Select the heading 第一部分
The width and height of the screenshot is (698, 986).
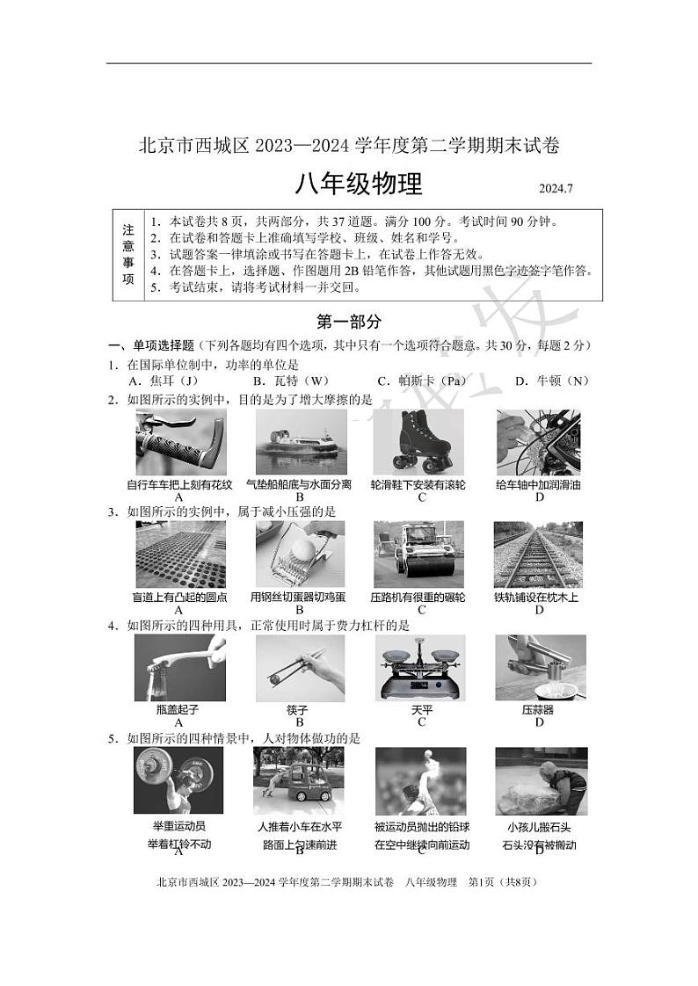click(349, 322)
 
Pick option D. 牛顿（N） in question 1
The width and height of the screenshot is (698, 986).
click(551, 381)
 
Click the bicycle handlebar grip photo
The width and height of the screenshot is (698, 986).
click(180, 443)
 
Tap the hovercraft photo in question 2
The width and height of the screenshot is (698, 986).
click(298, 443)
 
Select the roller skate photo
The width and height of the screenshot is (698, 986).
click(418, 443)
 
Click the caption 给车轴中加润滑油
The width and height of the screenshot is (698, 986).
click(539, 484)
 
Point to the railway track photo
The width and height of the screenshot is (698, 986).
click(538, 555)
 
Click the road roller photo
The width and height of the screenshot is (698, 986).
click(418, 555)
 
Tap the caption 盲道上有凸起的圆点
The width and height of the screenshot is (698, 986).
click(179, 598)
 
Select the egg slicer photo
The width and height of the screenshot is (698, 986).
click(300, 555)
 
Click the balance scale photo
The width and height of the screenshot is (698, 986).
click(419, 667)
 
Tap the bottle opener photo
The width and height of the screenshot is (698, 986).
click(180, 667)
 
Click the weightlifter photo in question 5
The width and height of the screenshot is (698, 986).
click(178, 780)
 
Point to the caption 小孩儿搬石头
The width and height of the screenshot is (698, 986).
click(539, 827)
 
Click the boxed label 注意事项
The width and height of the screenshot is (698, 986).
click(128, 255)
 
